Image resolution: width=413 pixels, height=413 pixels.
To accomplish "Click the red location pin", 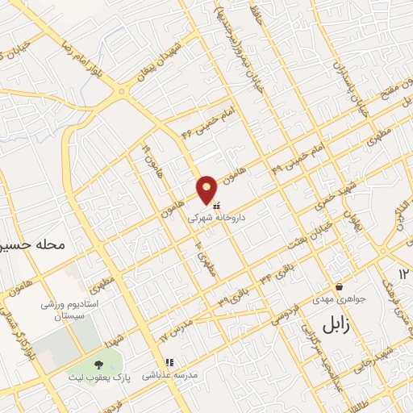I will pos(206,189).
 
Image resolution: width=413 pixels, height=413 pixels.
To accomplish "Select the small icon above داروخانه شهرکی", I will pos(215,205).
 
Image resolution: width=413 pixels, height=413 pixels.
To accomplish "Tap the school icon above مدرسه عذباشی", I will pos(169,364).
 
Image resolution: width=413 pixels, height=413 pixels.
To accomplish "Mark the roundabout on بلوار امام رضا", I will pos(122,91).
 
